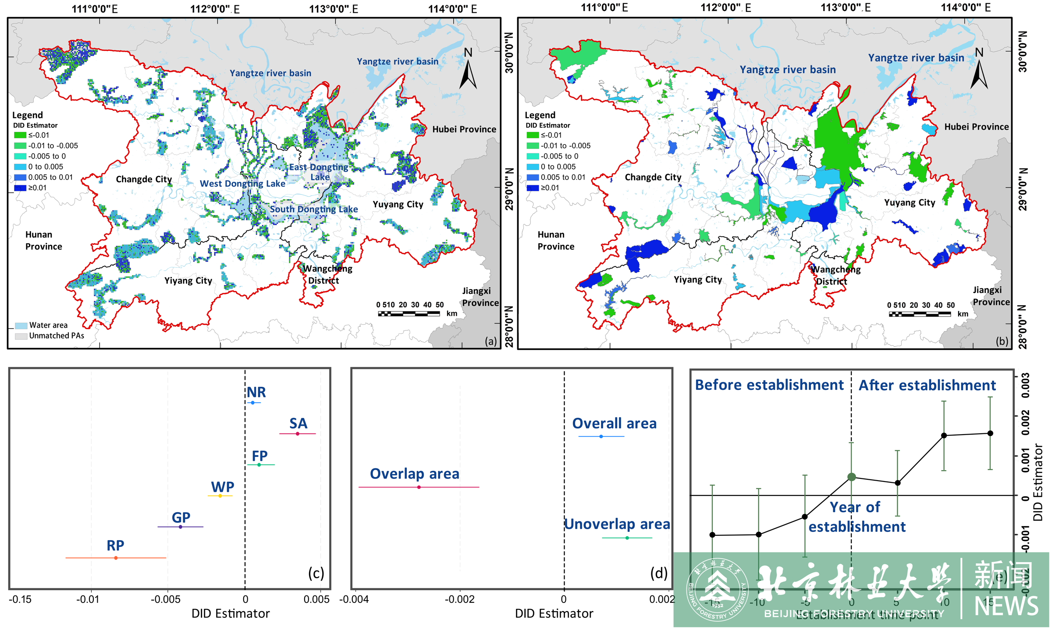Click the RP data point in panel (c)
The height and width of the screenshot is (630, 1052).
tap(116, 558)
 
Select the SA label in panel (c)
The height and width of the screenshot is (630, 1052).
tap(299, 424)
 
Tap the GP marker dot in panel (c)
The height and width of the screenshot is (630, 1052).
tap(181, 527)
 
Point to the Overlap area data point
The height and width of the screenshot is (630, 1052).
tap(419, 487)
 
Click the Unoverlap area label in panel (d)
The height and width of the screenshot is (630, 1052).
tap(617, 524)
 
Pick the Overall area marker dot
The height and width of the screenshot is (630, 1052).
tap(601, 436)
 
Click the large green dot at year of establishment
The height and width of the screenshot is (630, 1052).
tap(851, 477)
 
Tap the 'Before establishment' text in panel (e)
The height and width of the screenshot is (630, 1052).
tap(769, 385)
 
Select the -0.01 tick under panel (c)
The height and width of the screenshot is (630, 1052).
tap(88, 599)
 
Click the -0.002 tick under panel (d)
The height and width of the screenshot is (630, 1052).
tap(459, 599)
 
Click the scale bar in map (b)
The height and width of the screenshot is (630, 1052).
tap(919, 314)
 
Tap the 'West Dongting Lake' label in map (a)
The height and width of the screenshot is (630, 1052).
tap(242, 184)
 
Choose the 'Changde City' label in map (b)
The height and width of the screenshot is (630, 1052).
tap(653, 177)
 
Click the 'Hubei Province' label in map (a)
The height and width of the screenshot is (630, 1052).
tap(464, 129)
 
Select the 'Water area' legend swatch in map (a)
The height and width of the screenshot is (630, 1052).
tap(21, 326)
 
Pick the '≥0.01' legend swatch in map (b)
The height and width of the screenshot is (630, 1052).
tap(532, 188)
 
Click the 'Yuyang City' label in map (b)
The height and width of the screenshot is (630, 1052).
tap(910, 202)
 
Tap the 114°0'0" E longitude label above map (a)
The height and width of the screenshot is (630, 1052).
tap(452, 9)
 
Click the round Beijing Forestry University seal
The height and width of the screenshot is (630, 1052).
tap(718, 589)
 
